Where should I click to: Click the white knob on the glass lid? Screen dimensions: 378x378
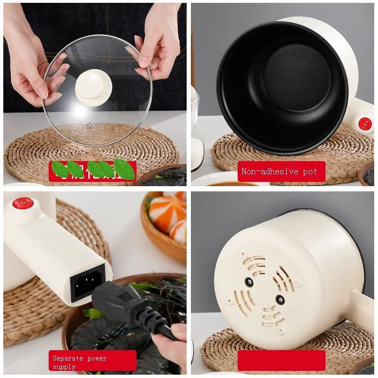coord(93,86)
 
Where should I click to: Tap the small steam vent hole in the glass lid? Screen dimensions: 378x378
coord(88,125)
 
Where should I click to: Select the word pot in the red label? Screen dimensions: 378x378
coord(310,172)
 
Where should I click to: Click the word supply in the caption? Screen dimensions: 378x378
coord(64,367)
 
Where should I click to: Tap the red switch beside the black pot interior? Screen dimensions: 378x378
coord(365,124)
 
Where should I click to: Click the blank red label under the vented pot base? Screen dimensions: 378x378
coord(281,361)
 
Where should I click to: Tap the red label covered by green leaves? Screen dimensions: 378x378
coord(93,171)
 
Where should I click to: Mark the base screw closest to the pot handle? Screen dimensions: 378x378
coord(280,299)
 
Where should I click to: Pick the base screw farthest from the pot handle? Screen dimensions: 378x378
coord(249,282)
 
